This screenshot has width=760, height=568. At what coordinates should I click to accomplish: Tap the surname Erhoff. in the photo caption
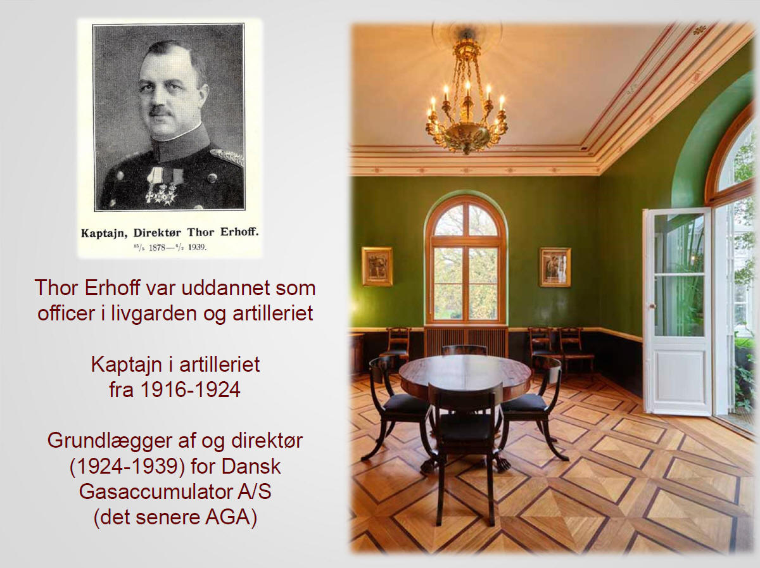tap(239, 232)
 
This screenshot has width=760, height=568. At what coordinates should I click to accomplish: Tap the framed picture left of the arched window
tap(377, 267)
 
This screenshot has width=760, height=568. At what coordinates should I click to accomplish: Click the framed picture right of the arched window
tap(555, 267)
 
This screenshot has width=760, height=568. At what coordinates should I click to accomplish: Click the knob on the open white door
tap(652, 306)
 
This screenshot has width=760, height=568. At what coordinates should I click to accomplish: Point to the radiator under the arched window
tap(465, 342)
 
